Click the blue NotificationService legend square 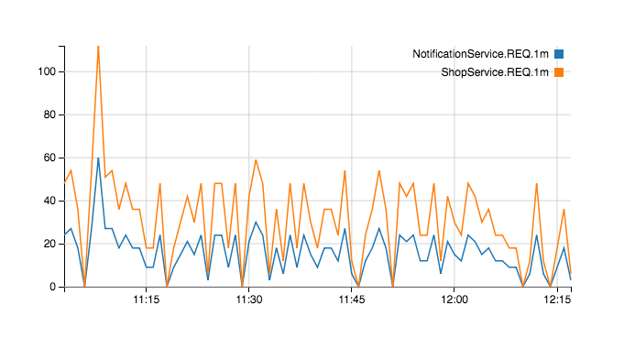click(x=559, y=54)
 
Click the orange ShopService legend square click(x=559, y=72)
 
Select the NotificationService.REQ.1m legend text click(x=480, y=54)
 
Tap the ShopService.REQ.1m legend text click(x=495, y=72)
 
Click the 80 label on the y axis click(x=49, y=115)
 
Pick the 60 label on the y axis click(x=49, y=158)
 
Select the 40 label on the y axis click(x=49, y=201)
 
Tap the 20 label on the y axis click(x=49, y=244)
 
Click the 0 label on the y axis click(x=52, y=287)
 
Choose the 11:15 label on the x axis click(x=147, y=300)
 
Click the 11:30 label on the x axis click(x=249, y=300)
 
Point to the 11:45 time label click(x=352, y=300)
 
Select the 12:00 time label click(x=454, y=300)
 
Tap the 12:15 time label click(x=557, y=300)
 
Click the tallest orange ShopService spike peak click(x=98, y=47)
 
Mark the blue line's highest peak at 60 click(x=98, y=158)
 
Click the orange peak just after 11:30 click(x=256, y=160)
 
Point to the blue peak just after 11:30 click(x=256, y=222)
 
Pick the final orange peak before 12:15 click(x=564, y=210)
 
